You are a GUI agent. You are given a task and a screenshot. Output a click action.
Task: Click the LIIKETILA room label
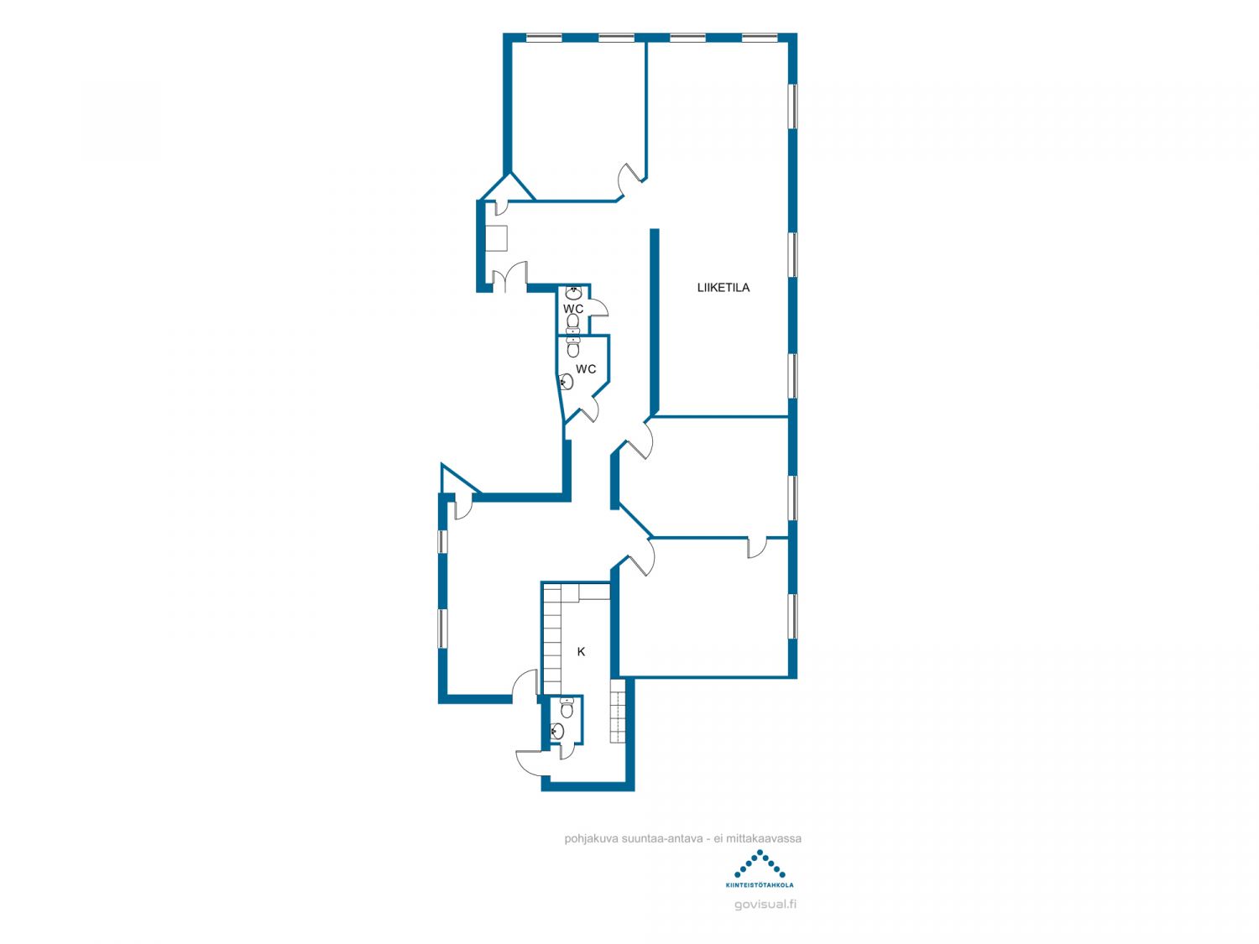click(723, 288)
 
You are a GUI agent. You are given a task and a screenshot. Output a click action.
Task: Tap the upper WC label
click(573, 309)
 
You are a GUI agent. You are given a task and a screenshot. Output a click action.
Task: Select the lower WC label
click(586, 369)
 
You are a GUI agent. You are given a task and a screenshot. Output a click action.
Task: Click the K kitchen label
click(581, 652)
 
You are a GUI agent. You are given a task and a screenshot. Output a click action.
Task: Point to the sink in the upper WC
click(573, 294)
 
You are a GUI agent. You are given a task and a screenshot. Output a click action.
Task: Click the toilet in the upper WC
click(572, 323)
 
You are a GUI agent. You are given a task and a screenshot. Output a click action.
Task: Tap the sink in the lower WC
click(567, 381)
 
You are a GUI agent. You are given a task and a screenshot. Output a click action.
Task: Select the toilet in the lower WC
click(573, 347)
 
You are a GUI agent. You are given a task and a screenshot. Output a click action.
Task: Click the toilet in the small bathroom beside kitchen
click(567, 708)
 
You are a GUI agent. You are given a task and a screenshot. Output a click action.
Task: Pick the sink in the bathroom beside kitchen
click(557, 732)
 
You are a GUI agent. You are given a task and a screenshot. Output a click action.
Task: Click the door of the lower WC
click(588, 409)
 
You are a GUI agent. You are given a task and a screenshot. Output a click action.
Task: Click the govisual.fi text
click(765, 905)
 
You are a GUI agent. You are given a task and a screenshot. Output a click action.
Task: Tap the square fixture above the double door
click(497, 238)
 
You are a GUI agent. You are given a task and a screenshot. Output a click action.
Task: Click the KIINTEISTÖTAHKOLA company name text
click(760, 885)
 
